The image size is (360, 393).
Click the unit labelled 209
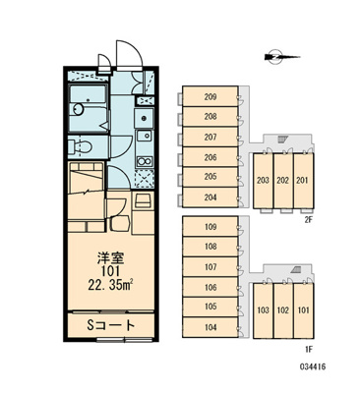coord(210,96)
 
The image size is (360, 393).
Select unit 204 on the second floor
coord(210,197)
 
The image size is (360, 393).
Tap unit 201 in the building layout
coord(303,181)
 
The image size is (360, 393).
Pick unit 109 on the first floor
coord(210,226)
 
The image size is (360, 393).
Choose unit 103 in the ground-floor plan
coord(264,310)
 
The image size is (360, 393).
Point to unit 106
coord(210,287)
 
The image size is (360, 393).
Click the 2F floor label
coord(309,220)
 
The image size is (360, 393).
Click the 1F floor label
coord(309,350)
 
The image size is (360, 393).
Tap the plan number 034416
coord(313,366)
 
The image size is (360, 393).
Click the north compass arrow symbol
coord(281,57)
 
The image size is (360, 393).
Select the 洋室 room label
coord(111,258)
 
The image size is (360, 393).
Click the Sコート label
coord(110,325)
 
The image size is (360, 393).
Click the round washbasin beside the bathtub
coord(78,109)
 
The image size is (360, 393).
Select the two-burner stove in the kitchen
coord(145,161)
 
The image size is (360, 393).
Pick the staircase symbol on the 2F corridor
coord(282,140)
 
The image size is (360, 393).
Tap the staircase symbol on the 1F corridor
coord(297,269)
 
